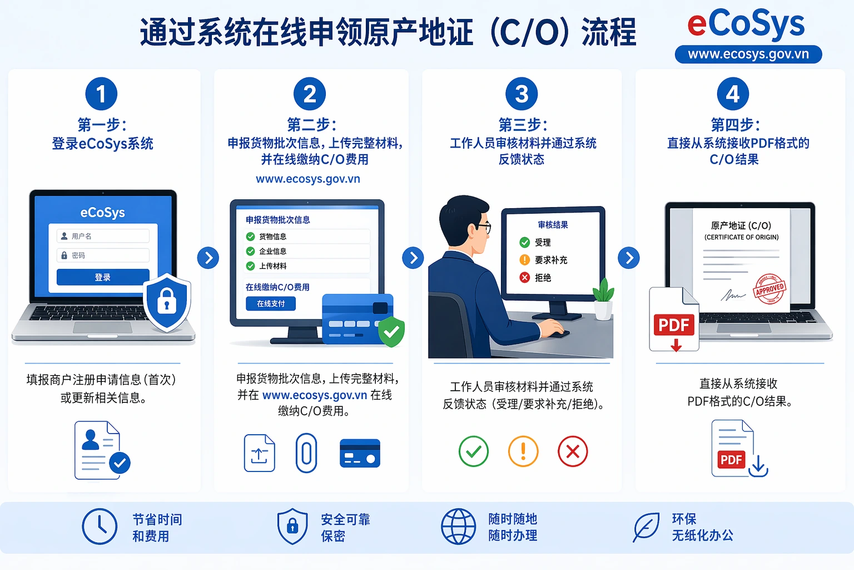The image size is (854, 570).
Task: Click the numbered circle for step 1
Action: point(101,94)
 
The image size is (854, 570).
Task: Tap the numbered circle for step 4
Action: point(733,94)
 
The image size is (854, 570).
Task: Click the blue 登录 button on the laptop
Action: point(103,277)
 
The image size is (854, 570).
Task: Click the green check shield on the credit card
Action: point(391,332)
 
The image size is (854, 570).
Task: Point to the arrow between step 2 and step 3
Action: point(413,258)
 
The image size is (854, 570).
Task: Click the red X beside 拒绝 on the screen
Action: point(524,277)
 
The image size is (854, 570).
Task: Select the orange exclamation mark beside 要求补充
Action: point(524,260)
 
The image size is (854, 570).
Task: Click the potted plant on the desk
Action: point(603,299)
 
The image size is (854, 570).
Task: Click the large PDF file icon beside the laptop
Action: point(674,320)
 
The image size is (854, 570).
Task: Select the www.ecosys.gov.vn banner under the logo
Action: point(748,55)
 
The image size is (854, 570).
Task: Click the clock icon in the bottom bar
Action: point(100,526)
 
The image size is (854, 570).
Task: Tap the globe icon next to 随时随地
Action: point(459,526)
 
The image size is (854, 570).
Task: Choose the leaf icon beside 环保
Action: point(646,527)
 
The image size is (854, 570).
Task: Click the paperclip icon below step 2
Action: point(306,453)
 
